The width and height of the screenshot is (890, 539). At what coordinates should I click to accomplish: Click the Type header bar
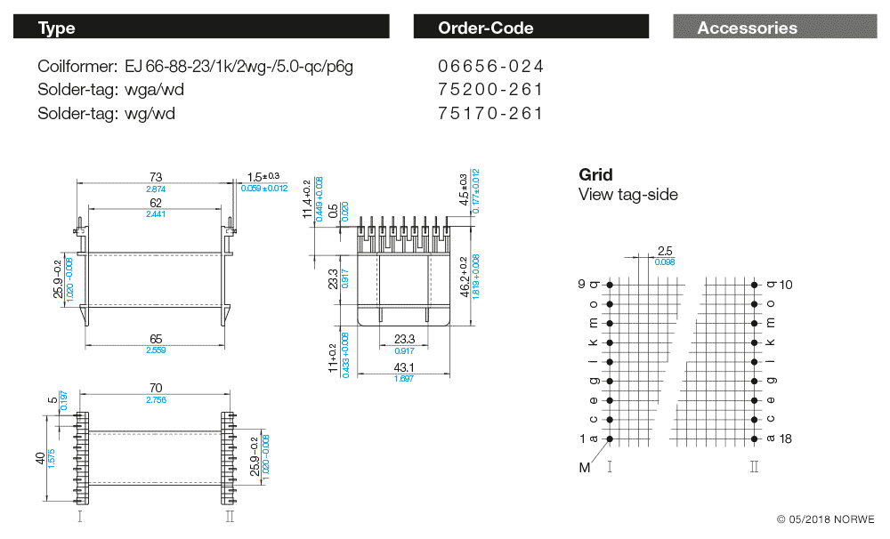tap(201, 28)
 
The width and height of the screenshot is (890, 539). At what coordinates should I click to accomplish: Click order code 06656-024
tap(490, 67)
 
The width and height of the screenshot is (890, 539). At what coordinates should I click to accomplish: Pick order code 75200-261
tap(490, 90)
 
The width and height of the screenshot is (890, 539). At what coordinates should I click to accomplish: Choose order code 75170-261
tap(490, 113)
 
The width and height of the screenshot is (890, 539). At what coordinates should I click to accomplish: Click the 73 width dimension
tap(156, 177)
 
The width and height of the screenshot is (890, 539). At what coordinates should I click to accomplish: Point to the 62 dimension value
tap(156, 204)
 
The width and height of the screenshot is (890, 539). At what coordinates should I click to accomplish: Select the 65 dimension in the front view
tap(156, 339)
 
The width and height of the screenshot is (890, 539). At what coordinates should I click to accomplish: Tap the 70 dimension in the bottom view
tap(156, 388)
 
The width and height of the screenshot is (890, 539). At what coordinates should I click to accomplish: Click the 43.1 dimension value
tap(404, 368)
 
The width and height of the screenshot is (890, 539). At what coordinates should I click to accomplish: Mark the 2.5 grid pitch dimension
tap(664, 251)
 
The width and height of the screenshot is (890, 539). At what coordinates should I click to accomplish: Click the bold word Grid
tap(595, 175)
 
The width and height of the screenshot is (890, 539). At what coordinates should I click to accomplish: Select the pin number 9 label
tap(581, 284)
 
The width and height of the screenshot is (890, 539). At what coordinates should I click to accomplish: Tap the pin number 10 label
tap(785, 286)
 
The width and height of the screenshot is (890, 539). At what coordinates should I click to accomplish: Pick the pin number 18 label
tap(785, 438)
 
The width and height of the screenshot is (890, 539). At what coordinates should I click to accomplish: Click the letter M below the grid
tap(585, 467)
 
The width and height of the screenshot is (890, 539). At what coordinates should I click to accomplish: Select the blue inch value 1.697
tap(404, 379)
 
